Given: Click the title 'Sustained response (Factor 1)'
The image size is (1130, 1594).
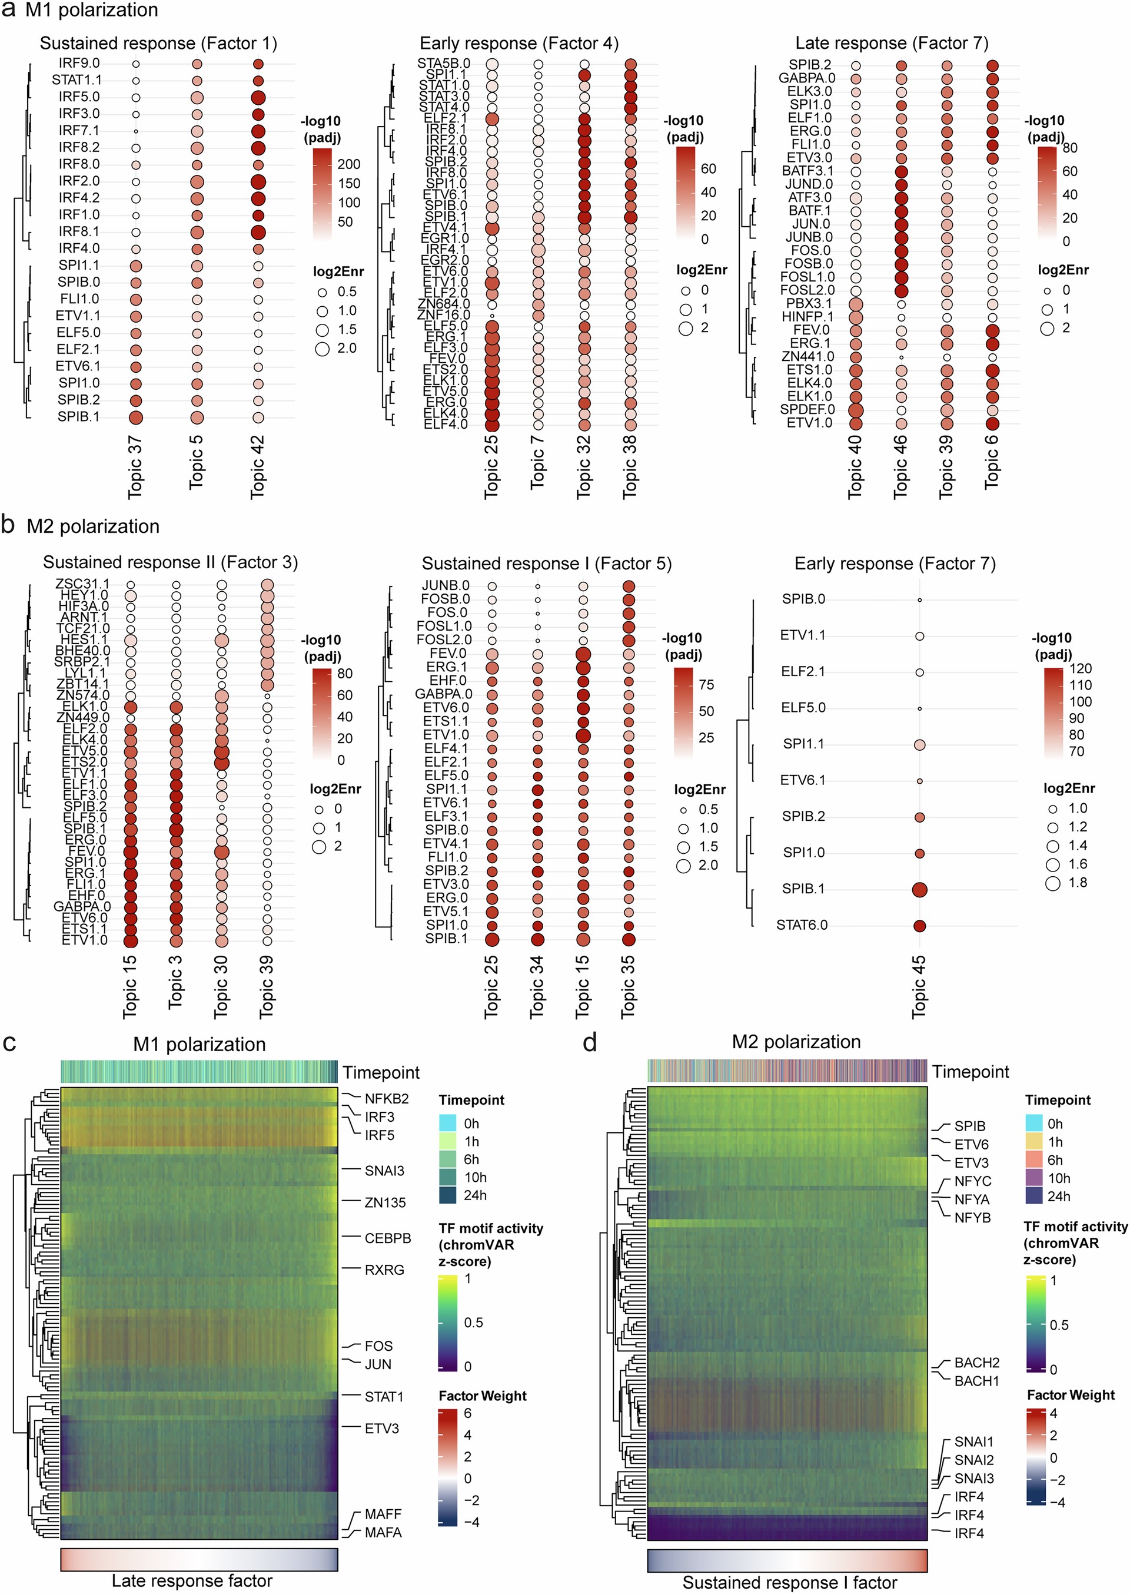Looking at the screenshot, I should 159,43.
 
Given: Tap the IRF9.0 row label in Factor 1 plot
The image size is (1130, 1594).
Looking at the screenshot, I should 79,64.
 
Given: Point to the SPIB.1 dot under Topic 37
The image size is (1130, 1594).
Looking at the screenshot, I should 136,417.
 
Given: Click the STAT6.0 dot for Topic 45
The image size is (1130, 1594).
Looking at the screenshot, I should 919,926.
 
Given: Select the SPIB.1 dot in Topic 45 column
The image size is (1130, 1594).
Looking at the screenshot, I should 919,890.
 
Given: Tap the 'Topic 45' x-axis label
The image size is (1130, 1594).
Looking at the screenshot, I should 919,987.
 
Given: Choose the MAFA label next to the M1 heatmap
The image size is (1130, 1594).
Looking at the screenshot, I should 383,1533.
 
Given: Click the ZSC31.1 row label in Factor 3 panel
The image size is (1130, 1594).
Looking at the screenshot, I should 82,584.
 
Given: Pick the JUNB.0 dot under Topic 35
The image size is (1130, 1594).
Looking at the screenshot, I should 629,586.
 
